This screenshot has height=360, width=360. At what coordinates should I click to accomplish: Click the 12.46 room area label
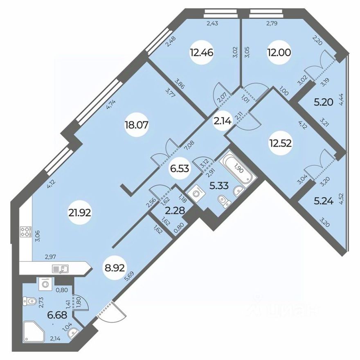click(x=202, y=53)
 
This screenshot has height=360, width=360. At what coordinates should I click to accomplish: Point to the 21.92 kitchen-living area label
click(x=81, y=212)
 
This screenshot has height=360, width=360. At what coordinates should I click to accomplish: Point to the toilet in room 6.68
click(x=30, y=302)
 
